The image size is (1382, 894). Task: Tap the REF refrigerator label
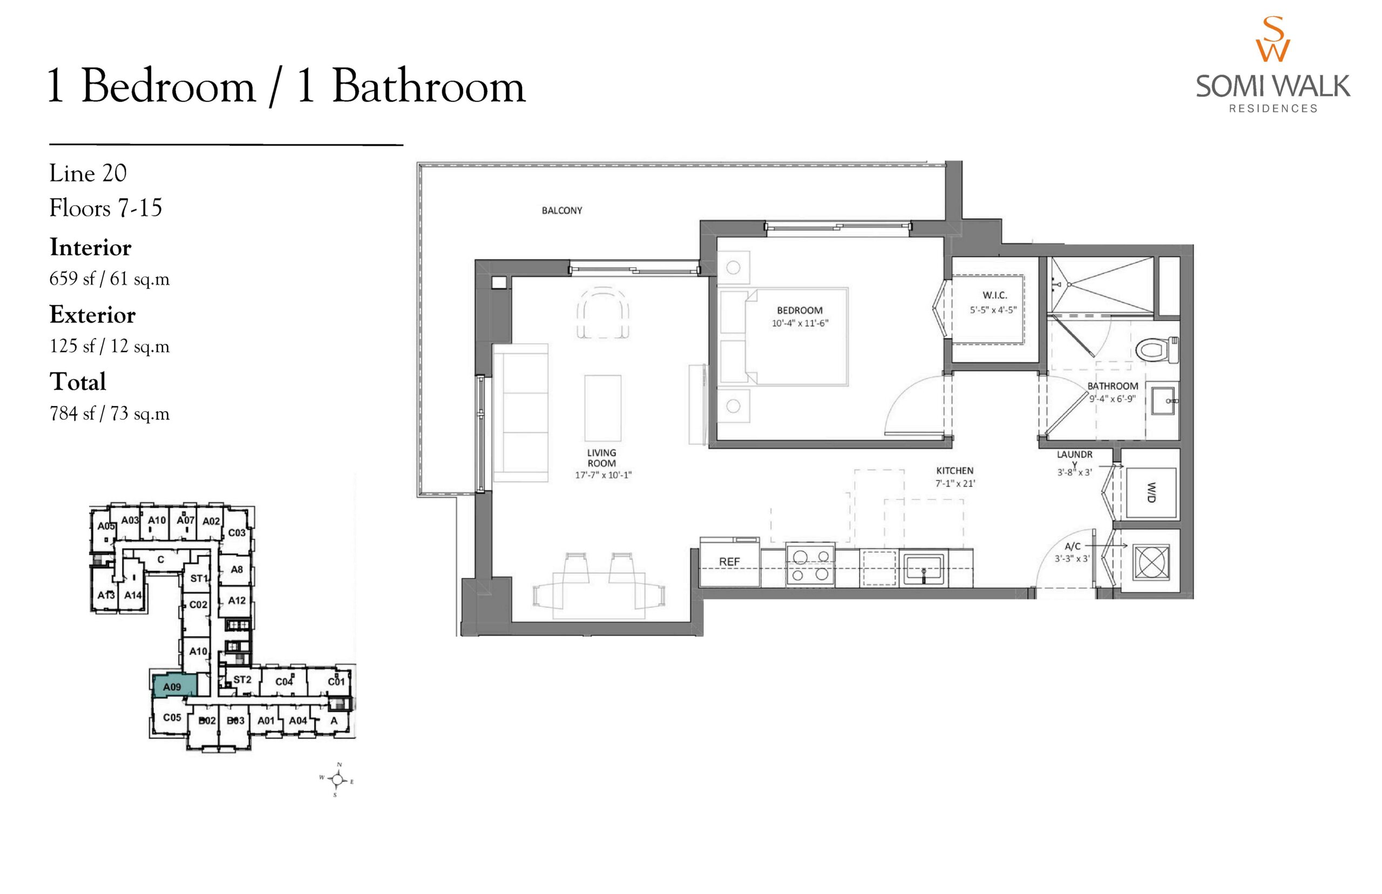coord(729,562)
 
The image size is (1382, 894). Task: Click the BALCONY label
coord(562,211)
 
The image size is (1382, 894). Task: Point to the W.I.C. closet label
coord(995,295)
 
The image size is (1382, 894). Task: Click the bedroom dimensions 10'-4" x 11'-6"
coord(800,323)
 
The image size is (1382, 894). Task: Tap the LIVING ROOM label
coord(601,458)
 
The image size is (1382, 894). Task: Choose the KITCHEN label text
coord(955,471)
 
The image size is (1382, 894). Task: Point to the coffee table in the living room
coord(602,408)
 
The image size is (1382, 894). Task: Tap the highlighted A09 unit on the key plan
coord(173,686)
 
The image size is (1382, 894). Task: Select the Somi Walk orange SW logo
coord(1272,39)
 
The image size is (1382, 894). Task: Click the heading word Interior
coord(91,247)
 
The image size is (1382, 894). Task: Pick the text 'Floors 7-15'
coord(106,208)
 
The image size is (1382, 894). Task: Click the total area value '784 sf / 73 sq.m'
coord(110,414)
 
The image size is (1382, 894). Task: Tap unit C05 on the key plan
coord(172,717)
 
